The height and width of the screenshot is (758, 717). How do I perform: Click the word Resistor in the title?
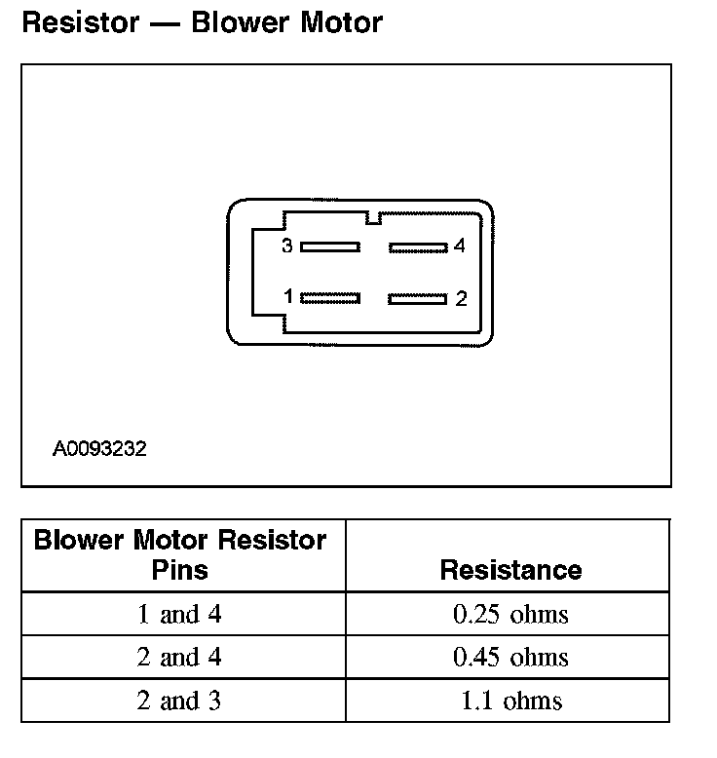(x=81, y=22)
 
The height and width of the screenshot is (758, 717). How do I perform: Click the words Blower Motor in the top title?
(x=287, y=22)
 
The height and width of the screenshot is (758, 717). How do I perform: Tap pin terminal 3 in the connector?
(x=330, y=246)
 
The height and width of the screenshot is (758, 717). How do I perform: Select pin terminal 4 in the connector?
(x=418, y=247)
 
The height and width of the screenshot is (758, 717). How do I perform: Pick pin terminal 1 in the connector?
(x=330, y=297)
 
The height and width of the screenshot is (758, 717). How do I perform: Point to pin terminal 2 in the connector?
(x=417, y=298)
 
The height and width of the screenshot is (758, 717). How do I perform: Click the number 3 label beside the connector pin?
(x=287, y=246)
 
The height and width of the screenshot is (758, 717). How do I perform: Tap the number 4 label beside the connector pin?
(x=460, y=246)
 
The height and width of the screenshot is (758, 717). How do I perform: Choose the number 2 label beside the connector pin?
(x=461, y=299)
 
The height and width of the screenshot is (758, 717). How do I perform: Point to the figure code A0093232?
(x=99, y=450)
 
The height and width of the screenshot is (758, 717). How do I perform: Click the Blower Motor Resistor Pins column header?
(x=180, y=554)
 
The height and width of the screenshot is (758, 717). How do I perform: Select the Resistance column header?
(x=510, y=570)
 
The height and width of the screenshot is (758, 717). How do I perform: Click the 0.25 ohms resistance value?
(x=510, y=615)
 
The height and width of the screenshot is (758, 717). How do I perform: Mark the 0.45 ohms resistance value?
(x=510, y=658)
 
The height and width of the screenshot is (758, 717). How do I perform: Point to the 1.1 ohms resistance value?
(x=510, y=701)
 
